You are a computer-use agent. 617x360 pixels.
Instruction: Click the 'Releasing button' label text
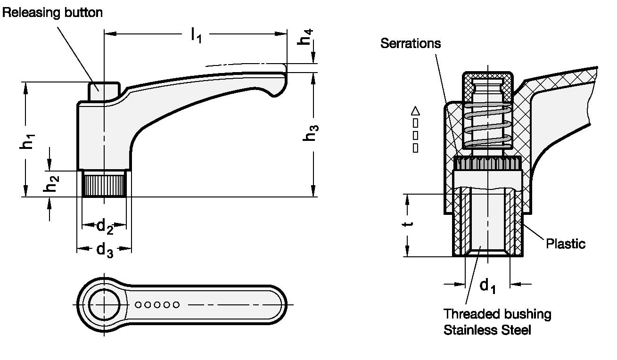(x=52, y=13)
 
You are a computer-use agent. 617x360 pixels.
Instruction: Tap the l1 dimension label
(x=196, y=35)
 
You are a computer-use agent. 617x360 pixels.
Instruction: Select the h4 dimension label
(x=305, y=37)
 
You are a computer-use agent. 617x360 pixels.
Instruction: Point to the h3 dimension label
(x=311, y=133)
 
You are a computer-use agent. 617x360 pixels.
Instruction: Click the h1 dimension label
(x=27, y=141)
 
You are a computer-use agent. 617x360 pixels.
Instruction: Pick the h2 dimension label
(x=51, y=184)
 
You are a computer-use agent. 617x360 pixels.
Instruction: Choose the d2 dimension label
(x=105, y=227)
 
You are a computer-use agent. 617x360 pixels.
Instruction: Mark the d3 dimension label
(x=105, y=250)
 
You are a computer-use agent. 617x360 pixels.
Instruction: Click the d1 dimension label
(x=487, y=286)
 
